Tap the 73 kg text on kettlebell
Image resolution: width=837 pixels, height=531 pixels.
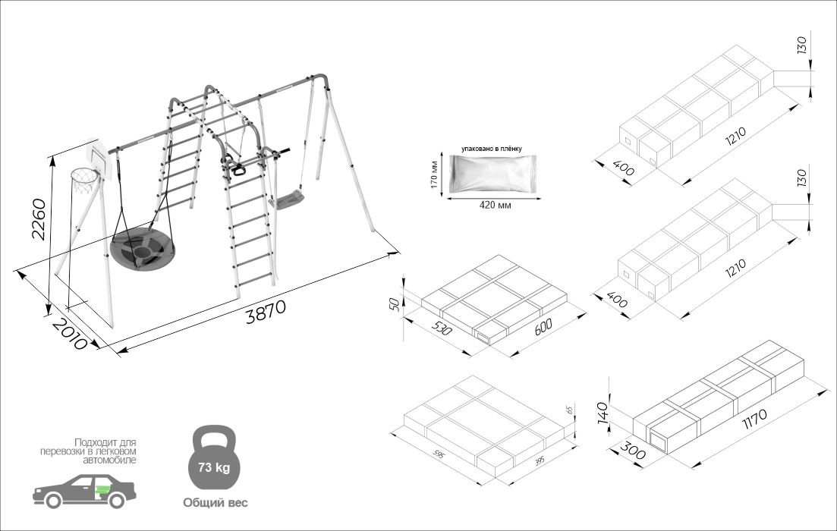213,467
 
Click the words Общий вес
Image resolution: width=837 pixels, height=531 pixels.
215,502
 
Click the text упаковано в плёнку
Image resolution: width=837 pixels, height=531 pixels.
492,149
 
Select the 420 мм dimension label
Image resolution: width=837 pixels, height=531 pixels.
493,206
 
